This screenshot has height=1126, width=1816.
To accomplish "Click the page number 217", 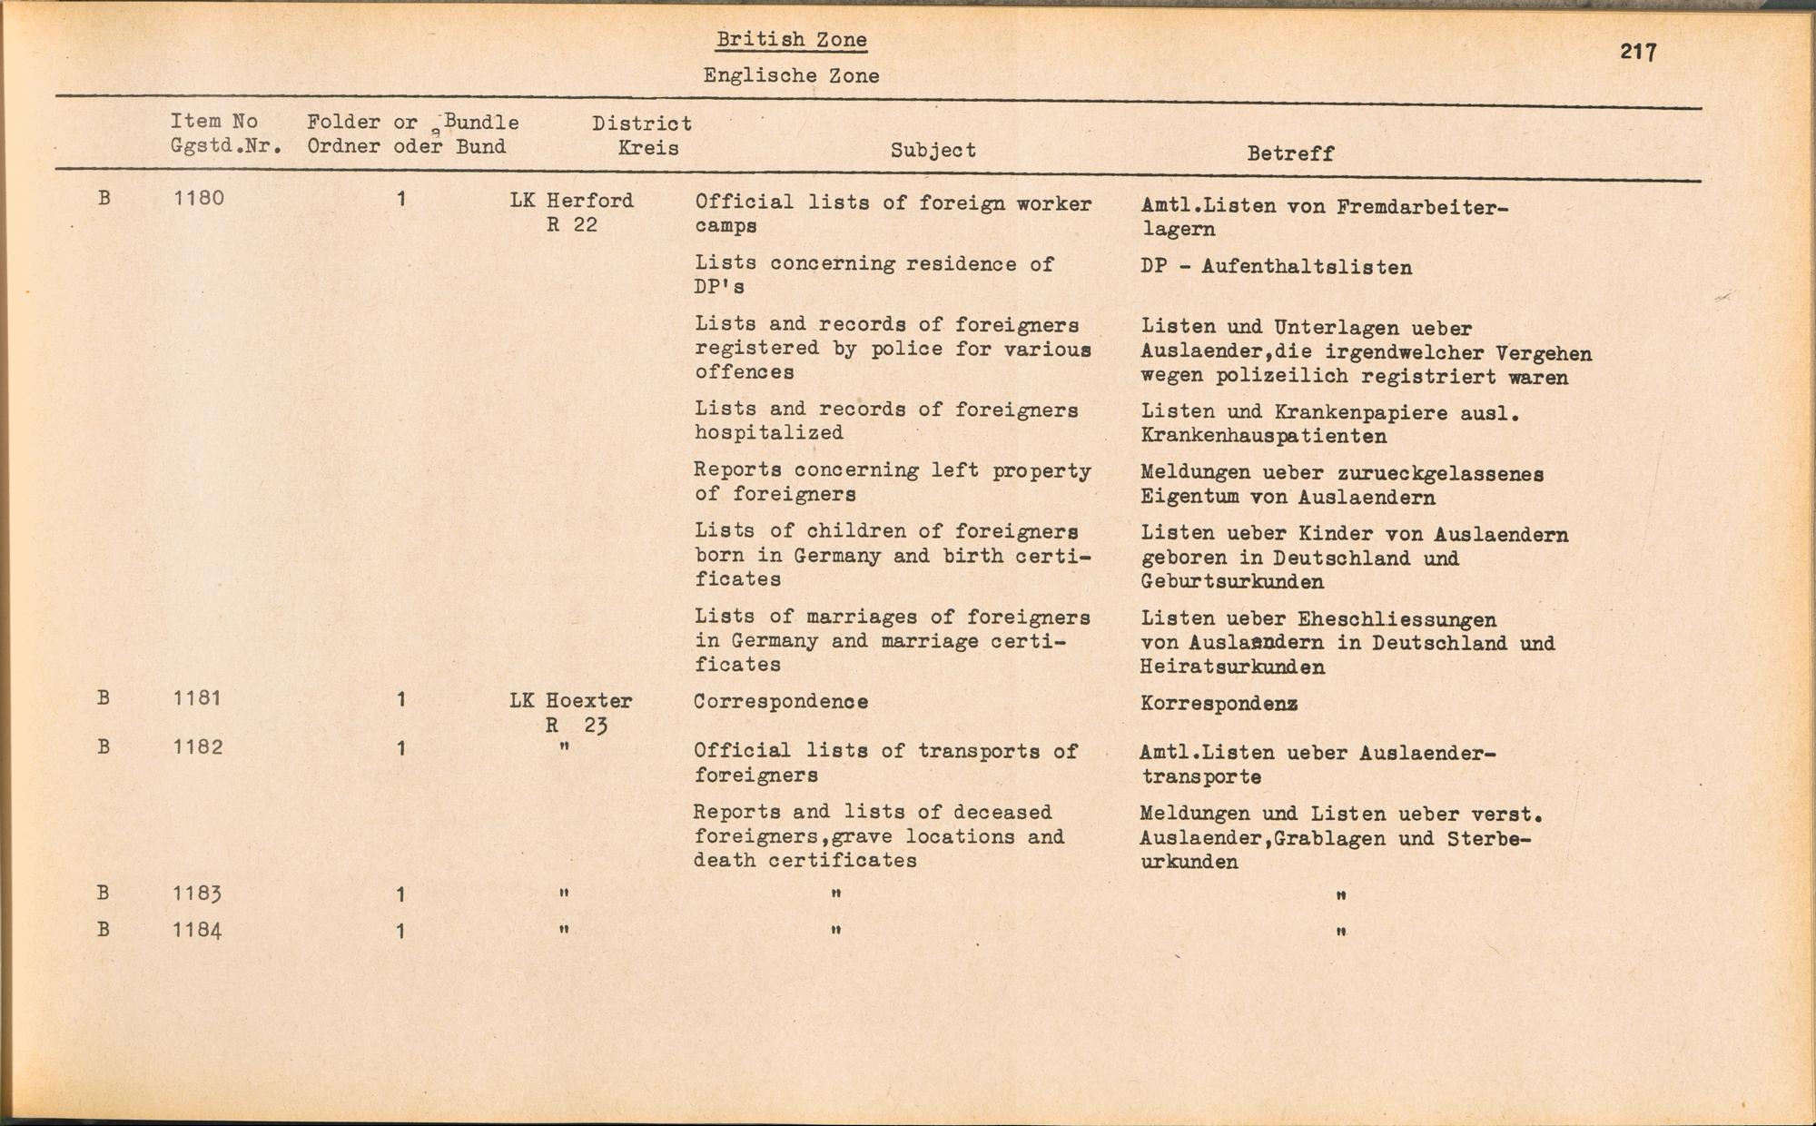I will point(1638,52).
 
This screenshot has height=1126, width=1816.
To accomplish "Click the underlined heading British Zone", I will point(791,40).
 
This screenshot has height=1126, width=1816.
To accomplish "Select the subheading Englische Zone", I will point(791,76).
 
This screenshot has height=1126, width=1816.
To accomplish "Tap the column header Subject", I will point(933,151).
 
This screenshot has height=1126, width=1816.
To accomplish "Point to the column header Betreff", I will point(1289,153).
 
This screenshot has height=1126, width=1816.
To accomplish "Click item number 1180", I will point(198,199).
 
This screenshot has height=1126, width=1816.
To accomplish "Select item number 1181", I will point(198,698).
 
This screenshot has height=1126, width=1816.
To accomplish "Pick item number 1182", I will point(198,747).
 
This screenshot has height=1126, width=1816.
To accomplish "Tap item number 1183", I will point(198,894).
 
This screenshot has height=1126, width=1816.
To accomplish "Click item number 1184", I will point(198,931).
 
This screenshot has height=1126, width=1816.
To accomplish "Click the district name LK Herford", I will point(571,201).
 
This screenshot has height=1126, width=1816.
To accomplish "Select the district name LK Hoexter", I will point(570,701).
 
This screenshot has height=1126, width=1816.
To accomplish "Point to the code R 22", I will point(572,225).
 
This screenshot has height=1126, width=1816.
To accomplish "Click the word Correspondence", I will point(781,702).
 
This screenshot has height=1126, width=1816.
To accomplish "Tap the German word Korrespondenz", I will point(1219,704).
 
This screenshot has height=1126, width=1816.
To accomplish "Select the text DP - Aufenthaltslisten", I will point(1276,268).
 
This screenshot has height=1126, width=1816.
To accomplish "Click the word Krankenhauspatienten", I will point(1263,437).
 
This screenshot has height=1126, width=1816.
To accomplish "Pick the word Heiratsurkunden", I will point(1232,667).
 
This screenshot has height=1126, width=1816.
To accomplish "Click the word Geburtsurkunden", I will point(1232,582).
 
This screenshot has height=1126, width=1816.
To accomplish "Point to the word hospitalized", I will point(769,433).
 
